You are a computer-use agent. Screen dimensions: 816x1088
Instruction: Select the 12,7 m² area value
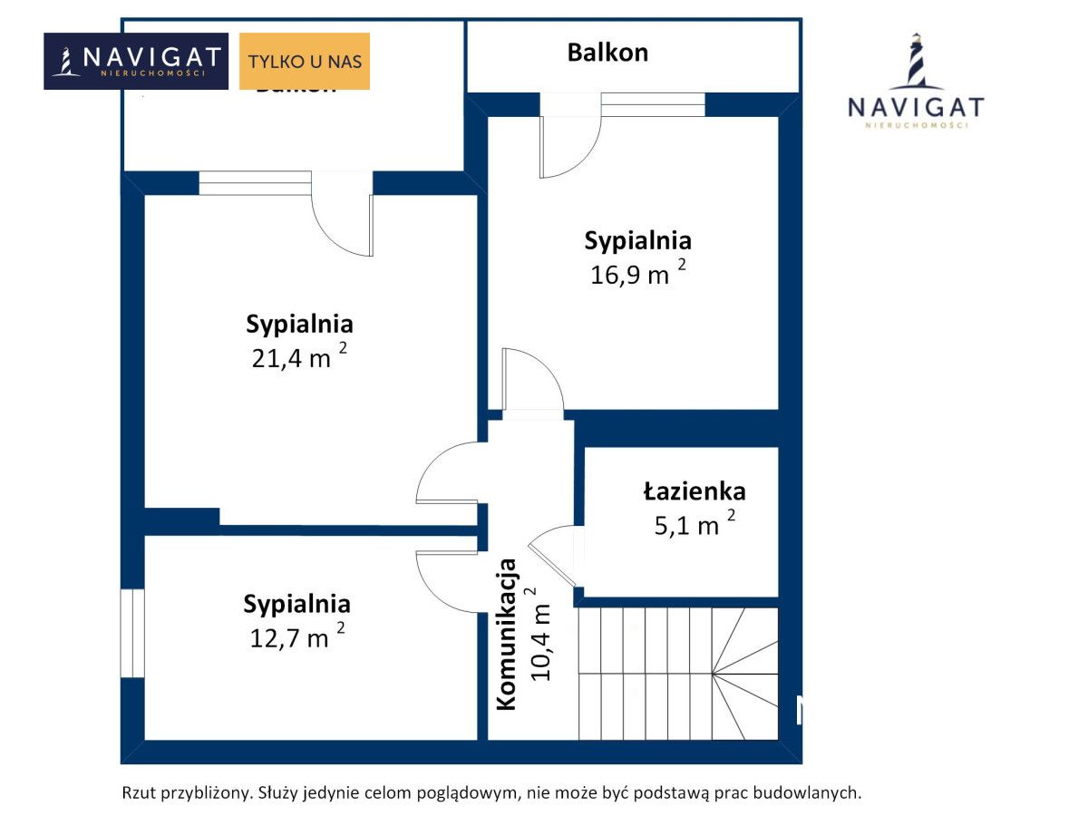click(x=296, y=636)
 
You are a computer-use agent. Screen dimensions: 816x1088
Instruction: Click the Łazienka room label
click(x=695, y=491)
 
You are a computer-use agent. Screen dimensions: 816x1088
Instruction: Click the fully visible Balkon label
click(x=607, y=52)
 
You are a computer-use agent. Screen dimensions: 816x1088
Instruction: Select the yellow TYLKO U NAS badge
click(x=305, y=62)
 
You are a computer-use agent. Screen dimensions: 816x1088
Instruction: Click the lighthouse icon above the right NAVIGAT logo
click(x=916, y=62)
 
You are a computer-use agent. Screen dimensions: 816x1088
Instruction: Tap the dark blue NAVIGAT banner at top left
click(x=136, y=62)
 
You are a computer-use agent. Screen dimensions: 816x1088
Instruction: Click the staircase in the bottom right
click(x=678, y=673)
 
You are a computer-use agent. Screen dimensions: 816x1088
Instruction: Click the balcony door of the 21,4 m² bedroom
click(x=343, y=222)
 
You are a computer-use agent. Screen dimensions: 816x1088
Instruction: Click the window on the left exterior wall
click(x=132, y=633)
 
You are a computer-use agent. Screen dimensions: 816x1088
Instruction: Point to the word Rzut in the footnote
click(x=138, y=792)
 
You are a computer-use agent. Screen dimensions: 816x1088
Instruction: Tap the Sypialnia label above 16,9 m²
click(x=637, y=241)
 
